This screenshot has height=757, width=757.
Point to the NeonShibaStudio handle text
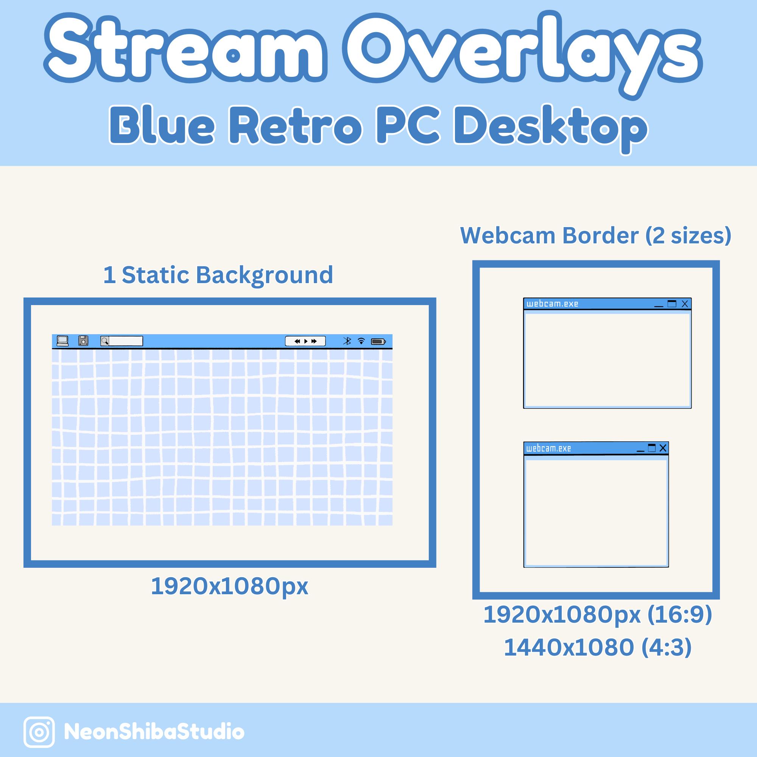154,732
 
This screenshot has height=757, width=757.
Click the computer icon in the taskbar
63,341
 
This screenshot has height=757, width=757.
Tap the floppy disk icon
83,341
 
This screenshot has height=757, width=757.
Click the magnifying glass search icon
104,341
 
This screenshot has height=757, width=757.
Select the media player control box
305,341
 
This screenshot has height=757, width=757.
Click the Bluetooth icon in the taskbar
347,341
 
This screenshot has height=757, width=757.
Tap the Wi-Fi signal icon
361,341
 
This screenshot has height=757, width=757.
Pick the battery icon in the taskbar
378,342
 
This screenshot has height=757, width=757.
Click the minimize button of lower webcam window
641,449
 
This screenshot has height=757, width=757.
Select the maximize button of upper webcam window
672,304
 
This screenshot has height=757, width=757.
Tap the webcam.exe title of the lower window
548,448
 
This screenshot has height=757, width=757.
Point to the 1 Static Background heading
218,275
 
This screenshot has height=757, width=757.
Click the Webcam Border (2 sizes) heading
595,235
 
